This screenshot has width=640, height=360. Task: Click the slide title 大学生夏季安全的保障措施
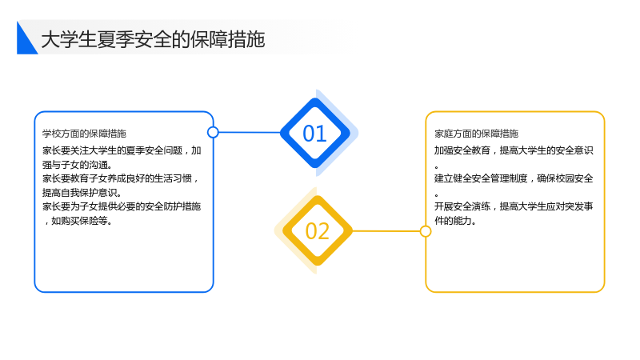[x=153, y=39]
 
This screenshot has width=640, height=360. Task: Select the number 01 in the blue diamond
[x=314, y=134]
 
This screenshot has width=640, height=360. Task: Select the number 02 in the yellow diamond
[x=317, y=231]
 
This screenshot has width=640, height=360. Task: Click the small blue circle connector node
[x=213, y=132]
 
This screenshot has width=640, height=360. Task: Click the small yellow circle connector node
[x=426, y=231]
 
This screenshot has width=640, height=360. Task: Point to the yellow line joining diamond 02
[x=386, y=231]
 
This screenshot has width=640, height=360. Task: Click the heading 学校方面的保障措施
[x=84, y=134]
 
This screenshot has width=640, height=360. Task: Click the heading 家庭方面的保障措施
[x=476, y=134]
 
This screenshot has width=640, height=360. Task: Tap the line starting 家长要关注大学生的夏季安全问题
[x=122, y=150]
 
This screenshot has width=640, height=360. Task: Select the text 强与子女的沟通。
[x=77, y=165]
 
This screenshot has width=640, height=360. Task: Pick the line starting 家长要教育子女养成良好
[x=121, y=178]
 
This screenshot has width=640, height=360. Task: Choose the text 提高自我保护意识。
[x=82, y=193]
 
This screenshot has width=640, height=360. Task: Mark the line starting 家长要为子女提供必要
[x=122, y=206]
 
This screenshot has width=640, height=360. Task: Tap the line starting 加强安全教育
[x=514, y=150]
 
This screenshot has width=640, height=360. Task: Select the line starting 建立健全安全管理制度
[x=514, y=178]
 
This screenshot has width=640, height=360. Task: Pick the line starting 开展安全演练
[x=514, y=206]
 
